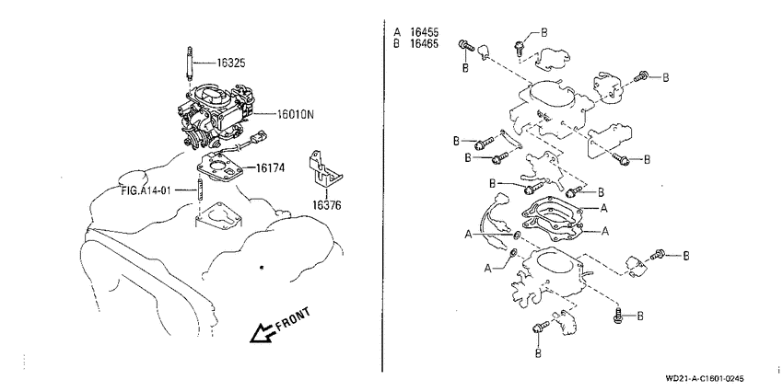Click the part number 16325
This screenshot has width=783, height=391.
[230, 63]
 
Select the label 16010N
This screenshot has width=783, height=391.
[296, 115]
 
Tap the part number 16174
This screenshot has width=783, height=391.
[270, 168]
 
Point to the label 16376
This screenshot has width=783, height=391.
[327, 205]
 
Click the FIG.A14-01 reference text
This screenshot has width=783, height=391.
[147, 190]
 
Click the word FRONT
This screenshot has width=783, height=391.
[293, 319]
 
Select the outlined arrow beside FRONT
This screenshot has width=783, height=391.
[263, 333]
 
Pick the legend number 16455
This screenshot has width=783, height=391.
[425, 32]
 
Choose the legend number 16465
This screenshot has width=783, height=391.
[425, 43]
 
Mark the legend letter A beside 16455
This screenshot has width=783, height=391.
[397, 32]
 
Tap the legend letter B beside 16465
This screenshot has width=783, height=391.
[397, 43]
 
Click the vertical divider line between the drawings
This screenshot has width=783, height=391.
[382, 195]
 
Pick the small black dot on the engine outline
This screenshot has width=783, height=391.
[262, 268]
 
